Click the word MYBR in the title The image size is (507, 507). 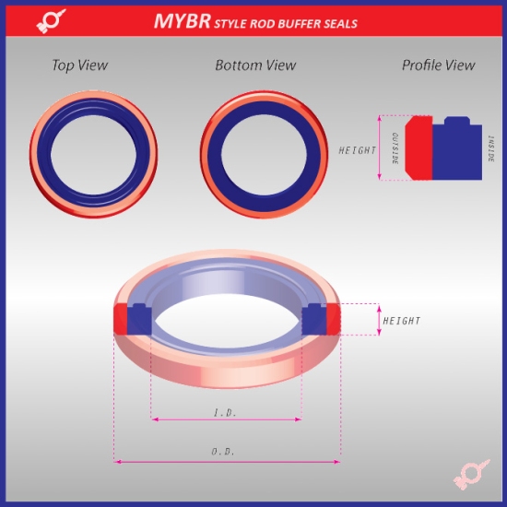(181, 20)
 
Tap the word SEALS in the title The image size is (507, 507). (333, 22)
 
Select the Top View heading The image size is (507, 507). (79, 65)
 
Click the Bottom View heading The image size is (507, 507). (255, 65)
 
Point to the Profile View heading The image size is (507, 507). (438, 65)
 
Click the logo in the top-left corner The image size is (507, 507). (51, 21)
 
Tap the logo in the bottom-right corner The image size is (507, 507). (469, 478)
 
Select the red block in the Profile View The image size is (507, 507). (419, 148)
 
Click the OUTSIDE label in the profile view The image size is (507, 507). (395, 148)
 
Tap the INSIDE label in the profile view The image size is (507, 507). (491, 149)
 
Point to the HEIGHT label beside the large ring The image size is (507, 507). (401, 321)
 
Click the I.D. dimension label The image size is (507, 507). (225, 412)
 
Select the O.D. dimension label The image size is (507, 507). (225, 453)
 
